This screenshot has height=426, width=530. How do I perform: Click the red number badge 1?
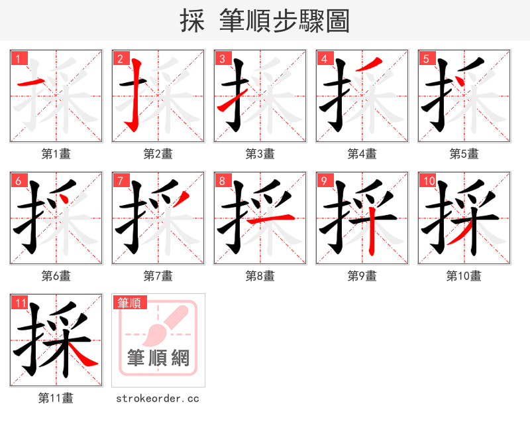coord(18,58)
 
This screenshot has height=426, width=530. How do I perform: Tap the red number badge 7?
coord(120,180)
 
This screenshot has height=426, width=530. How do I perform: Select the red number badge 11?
coord(20,303)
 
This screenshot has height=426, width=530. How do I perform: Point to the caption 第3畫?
coord(260,154)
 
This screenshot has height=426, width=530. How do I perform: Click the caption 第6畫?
coord(56,276)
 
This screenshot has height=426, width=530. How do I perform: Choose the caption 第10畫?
coord(464,276)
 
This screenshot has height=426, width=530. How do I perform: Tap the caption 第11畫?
coord(56,398)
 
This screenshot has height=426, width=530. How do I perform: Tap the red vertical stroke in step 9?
coord(373,232)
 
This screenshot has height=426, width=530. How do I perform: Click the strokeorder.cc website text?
coord(158,398)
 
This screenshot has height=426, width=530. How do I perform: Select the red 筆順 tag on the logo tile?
coord(129,303)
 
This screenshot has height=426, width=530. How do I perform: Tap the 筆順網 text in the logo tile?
coord(158,358)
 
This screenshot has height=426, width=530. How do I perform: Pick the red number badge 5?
coord(426,58)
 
